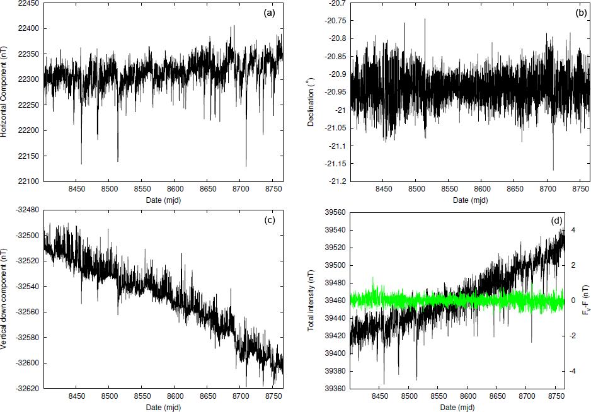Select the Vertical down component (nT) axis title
click(5, 299)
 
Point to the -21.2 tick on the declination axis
click(336, 181)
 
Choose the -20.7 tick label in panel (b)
click(336, 3)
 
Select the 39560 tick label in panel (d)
click(333, 213)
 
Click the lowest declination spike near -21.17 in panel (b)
click(553, 169)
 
